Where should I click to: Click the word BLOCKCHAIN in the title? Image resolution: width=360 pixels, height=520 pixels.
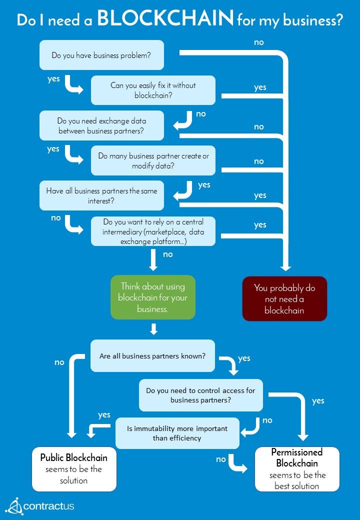[x=165, y=18]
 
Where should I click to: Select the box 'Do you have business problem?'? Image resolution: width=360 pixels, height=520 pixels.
[x=102, y=55]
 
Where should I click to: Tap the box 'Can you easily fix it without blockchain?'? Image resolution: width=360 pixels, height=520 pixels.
[x=153, y=90]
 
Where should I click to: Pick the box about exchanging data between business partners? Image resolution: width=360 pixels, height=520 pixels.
[x=102, y=125]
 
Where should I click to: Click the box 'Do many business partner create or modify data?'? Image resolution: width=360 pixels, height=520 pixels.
[x=153, y=160]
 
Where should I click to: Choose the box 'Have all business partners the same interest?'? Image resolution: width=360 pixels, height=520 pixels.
[x=102, y=195]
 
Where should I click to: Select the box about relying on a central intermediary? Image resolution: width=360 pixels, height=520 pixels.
[x=153, y=231]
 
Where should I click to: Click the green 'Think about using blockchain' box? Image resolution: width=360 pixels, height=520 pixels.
[x=152, y=297]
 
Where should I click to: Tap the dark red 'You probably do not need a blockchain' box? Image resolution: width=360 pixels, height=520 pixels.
[x=284, y=298]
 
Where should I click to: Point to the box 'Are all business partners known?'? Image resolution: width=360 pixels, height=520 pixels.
[x=152, y=356]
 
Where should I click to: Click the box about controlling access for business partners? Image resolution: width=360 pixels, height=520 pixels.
[x=200, y=395]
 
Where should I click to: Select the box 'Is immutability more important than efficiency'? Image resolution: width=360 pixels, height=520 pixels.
[x=177, y=433]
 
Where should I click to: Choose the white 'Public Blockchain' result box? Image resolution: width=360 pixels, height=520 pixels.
[x=74, y=469]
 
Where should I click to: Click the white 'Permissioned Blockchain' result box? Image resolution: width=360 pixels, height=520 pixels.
[x=297, y=469]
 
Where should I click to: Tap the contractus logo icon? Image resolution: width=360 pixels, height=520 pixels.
[x=14, y=506]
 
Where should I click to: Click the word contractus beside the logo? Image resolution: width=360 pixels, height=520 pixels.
[x=49, y=506]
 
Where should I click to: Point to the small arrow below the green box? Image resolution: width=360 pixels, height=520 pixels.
[x=153, y=329]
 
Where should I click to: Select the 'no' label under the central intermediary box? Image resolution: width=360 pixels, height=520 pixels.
[x=168, y=254]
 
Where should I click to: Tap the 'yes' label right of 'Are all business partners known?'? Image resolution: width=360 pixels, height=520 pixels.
[x=244, y=358]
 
